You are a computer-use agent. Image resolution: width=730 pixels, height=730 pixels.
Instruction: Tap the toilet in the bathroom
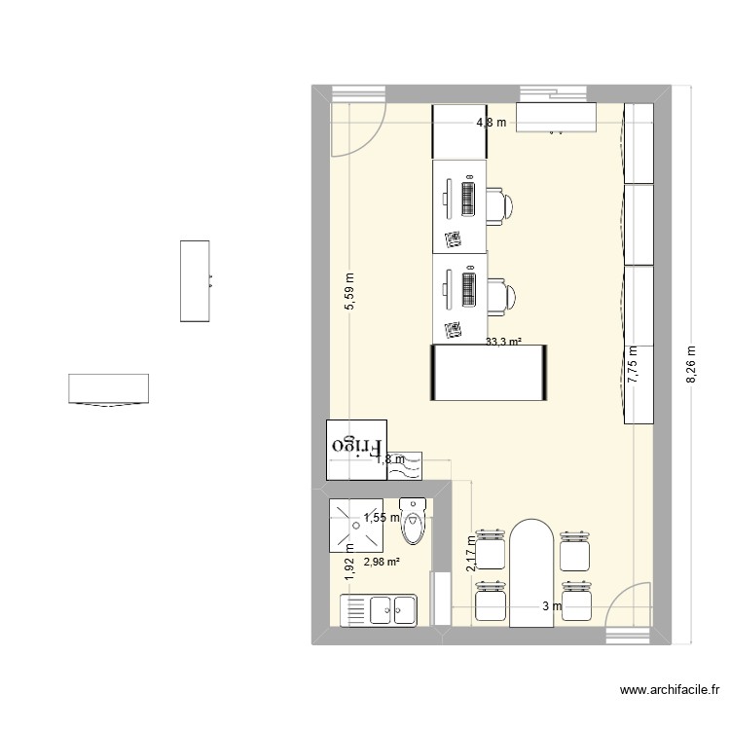tap(414, 524)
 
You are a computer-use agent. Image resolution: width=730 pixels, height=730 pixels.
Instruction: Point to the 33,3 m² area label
tap(503, 342)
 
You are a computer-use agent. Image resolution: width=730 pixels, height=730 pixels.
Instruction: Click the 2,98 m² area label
tap(383, 562)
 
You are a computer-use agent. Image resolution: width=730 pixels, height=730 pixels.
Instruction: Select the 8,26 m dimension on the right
tap(692, 365)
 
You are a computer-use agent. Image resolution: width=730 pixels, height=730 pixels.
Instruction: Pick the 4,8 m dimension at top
tap(492, 123)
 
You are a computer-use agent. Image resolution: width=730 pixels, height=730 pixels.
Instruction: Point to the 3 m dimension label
tap(552, 607)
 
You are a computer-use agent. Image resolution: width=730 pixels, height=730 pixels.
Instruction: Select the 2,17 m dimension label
tap(470, 553)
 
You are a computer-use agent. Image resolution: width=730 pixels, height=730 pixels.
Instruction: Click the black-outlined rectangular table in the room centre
tap(487, 372)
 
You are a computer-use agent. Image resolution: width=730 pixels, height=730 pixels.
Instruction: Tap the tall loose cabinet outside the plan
tap(195, 280)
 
